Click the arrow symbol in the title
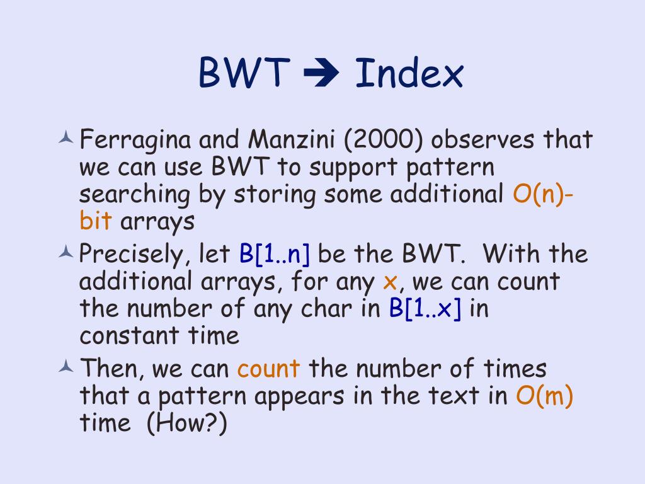tap(321, 74)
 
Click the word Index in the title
tap(409, 73)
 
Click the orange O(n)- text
tap(543, 195)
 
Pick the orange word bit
tap(96, 222)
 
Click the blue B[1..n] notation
tap(274, 254)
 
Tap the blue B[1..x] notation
tap(425, 309)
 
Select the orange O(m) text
tap(544, 396)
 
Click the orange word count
tap(268, 369)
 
